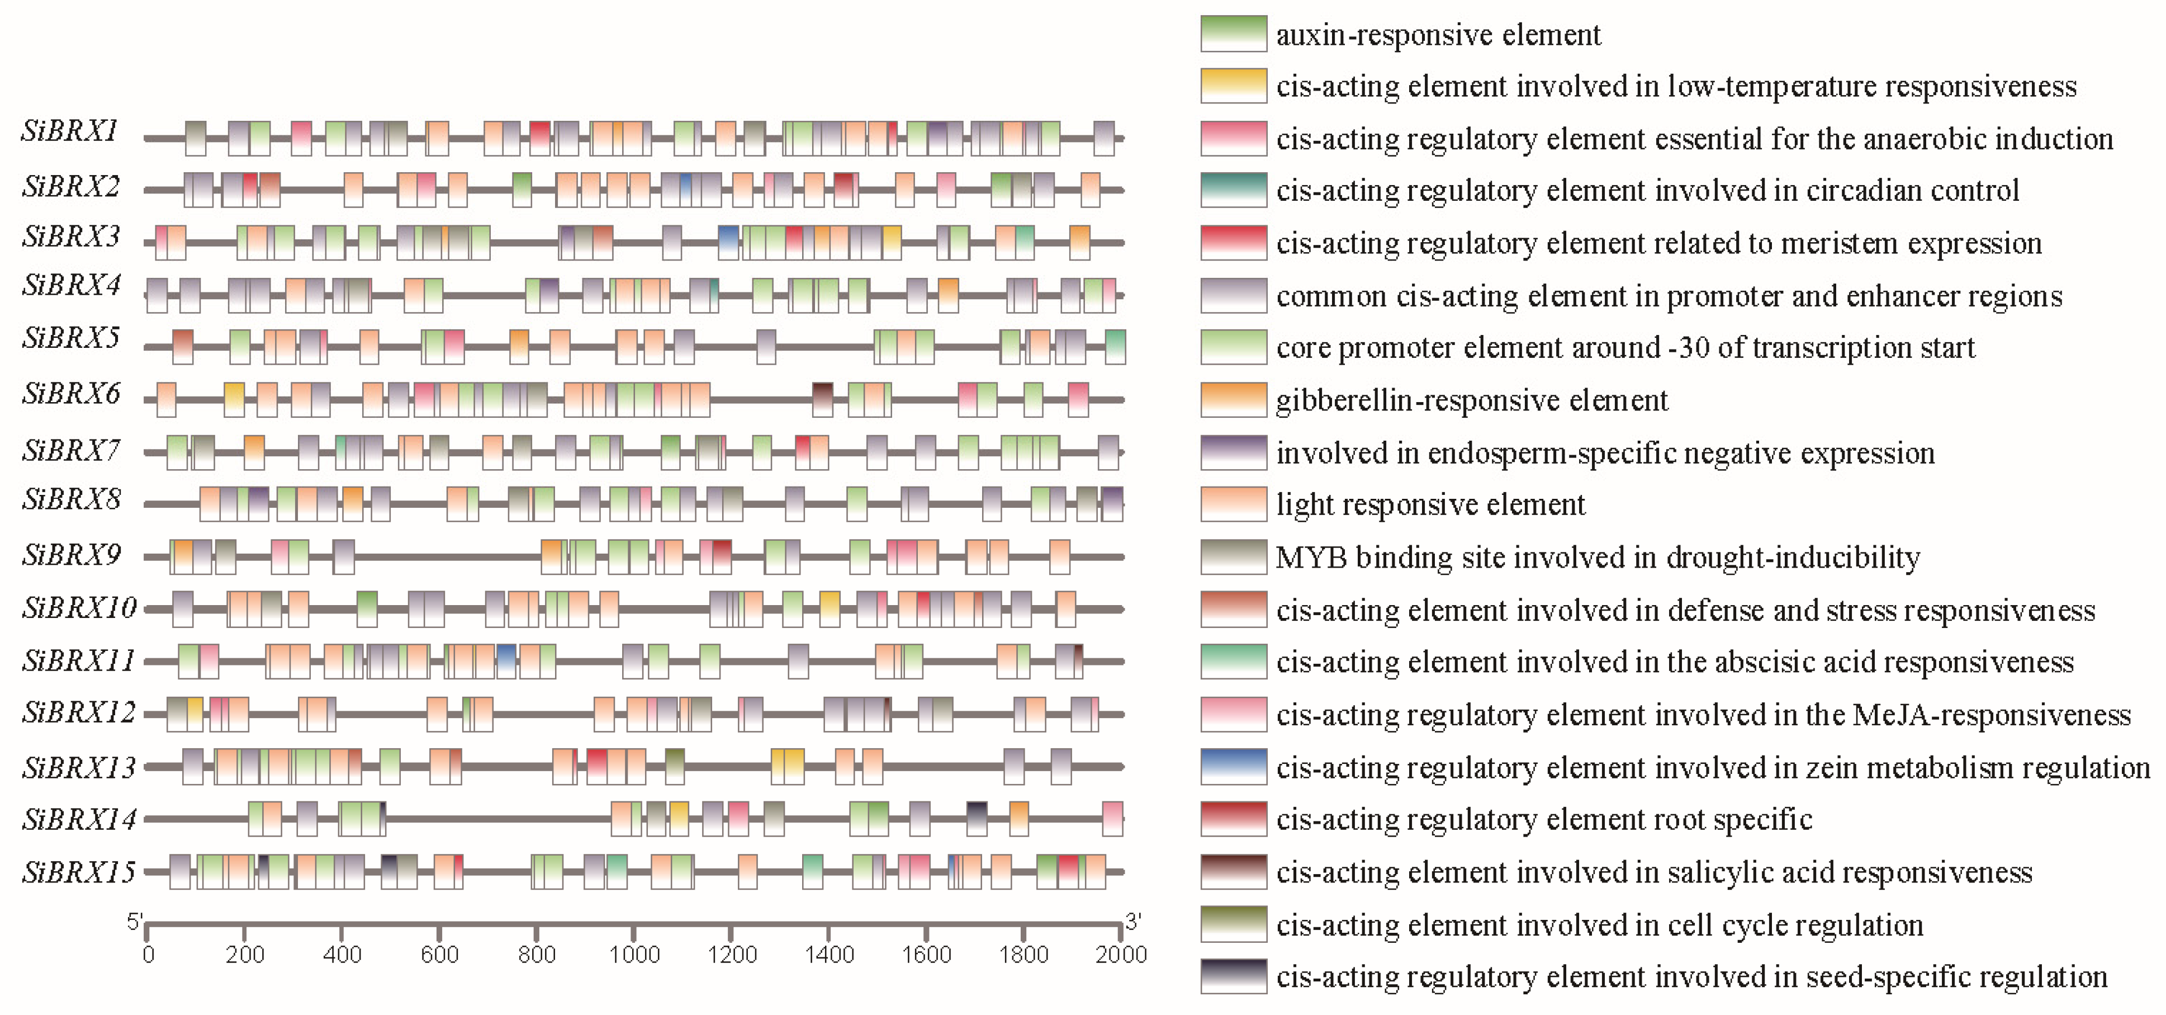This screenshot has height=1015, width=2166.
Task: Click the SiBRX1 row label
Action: pyautogui.click(x=70, y=132)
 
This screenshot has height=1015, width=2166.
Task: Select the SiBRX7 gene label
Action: pyautogui.click(x=72, y=452)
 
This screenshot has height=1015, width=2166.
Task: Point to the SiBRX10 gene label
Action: pyautogui.click(x=79, y=608)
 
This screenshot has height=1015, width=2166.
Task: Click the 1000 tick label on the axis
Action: pyautogui.click(x=633, y=955)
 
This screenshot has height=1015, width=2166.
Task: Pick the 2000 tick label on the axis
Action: pyautogui.click(x=1121, y=955)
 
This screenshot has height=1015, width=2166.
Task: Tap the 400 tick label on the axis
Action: pyautogui.click(x=342, y=955)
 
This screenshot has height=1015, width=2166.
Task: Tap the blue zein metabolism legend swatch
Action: pyautogui.click(x=1233, y=767)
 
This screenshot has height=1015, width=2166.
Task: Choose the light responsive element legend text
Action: pyautogui.click(x=1429, y=504)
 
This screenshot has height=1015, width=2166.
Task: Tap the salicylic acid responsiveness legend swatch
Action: pyautogui.click(x=1233, y=872)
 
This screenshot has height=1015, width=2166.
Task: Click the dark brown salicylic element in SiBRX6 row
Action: pyautogui.click(x=822, y=399)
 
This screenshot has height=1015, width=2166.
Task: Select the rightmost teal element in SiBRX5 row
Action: pyautogui.click(x=1115, y=347)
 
